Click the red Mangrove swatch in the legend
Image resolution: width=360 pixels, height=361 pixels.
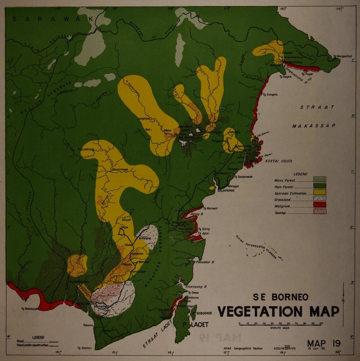click(x=320, y=205)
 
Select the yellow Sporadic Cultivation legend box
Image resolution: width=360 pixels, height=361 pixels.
click(x=320, y=192)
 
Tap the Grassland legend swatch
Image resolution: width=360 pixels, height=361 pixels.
click(x=320, y=198)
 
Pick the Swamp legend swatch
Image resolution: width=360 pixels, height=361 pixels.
click(x=320, y=211)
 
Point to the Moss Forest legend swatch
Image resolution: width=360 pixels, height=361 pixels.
click(x=320, y=179)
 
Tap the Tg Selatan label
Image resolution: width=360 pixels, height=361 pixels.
click(x=85, y=348)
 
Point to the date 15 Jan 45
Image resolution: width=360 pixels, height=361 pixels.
click(x=315, y=349)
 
